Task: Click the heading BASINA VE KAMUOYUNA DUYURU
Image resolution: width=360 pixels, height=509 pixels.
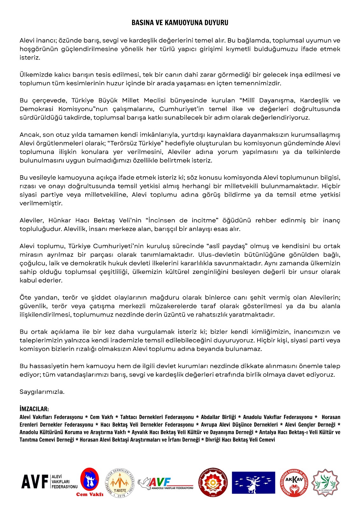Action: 180,23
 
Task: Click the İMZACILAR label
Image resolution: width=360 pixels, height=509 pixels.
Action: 34,409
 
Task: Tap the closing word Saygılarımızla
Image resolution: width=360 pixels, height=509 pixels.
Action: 42,392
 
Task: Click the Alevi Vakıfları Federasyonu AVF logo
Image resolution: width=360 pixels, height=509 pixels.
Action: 49,482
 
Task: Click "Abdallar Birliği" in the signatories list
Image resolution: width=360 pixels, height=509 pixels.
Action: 218,417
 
